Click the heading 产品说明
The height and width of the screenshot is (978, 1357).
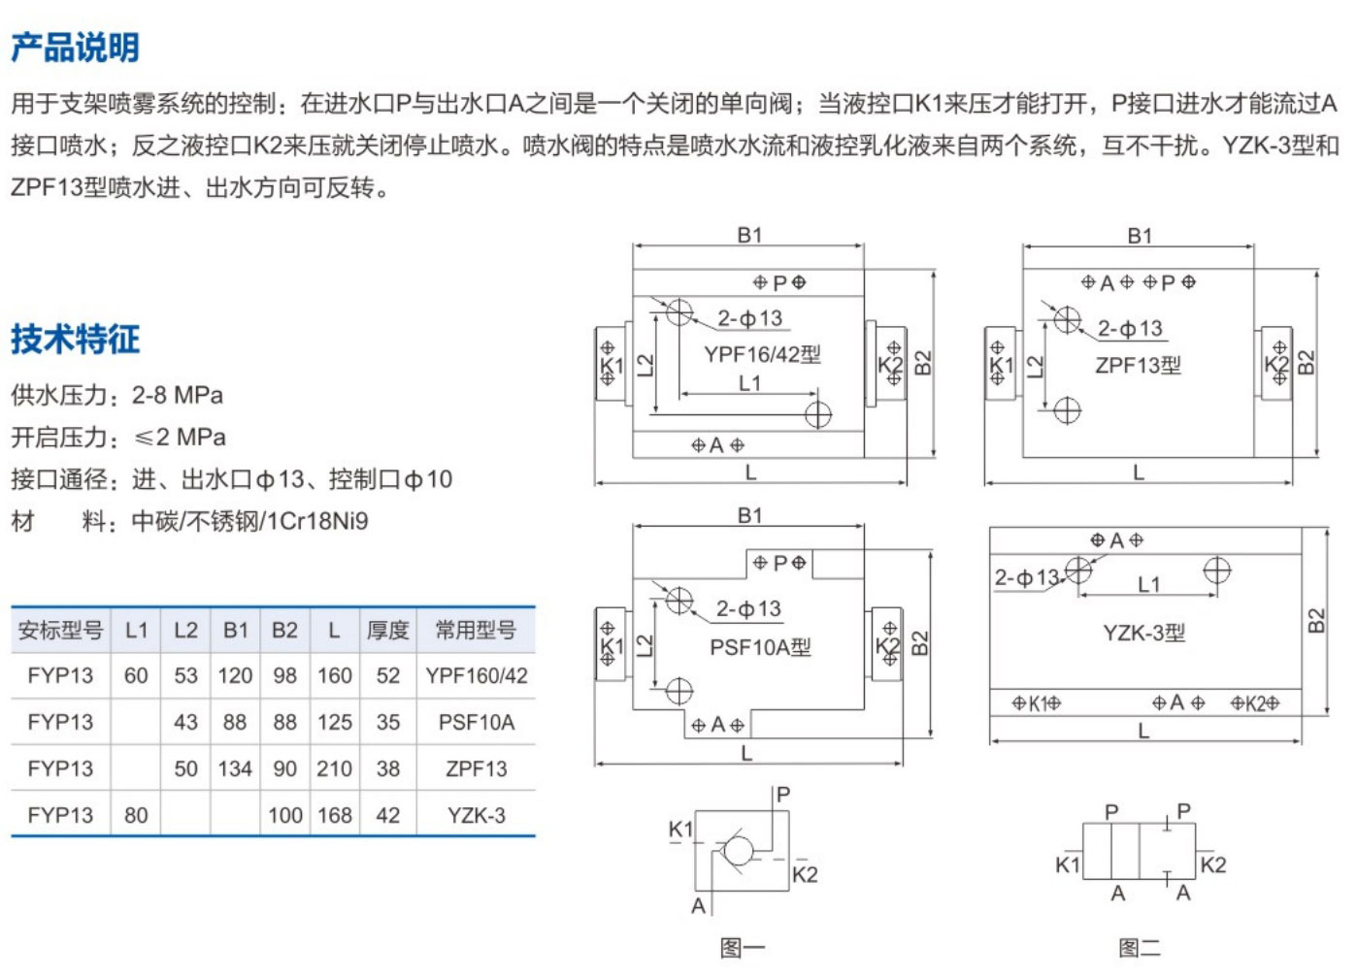point(75,47)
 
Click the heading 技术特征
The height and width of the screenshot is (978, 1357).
point(75,339)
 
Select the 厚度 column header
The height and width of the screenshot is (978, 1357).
point(387,631)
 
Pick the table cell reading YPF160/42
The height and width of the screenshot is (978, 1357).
point(476,676)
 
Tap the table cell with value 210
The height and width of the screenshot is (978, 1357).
point(334,769)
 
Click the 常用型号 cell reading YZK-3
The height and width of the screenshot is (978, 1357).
point(476,816)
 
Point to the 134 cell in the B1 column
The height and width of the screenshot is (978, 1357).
point(235,769)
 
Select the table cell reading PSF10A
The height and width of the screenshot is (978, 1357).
point(476,723)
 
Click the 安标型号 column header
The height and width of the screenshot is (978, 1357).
point(60,631)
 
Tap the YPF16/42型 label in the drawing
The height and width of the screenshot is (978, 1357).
point(762,354)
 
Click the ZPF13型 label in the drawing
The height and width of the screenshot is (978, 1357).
point(1138,366)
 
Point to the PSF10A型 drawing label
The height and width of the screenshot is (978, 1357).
point(760,647)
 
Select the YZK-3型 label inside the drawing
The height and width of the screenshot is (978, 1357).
point(1143,634)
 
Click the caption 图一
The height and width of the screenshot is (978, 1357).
point(743,948)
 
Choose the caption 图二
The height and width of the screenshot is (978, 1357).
point(1139,948)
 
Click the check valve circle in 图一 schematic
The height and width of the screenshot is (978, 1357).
point(738,851)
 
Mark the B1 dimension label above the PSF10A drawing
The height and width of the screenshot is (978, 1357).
point(749,515)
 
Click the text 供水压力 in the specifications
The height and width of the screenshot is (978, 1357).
point(59,396)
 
